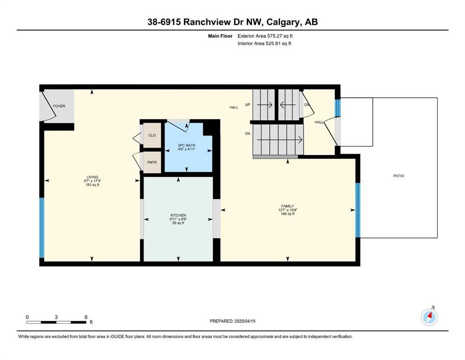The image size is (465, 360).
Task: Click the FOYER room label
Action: tap(59, 106)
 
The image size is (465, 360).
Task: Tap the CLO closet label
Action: tap(152, 135)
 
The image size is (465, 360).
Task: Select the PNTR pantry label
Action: tap(152, 162)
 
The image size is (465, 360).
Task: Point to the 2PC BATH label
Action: tap(186, 145)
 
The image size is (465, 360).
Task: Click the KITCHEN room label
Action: tap(178, 215)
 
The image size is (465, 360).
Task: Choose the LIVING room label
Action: tap(93, 177)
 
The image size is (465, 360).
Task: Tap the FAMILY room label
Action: tap(288, 206)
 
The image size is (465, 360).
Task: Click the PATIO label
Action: tap(399, 176)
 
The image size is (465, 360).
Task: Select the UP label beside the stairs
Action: tap(248, 105)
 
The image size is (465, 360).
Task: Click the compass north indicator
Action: tap(429, 317)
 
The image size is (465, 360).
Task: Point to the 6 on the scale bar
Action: tap(86, 317)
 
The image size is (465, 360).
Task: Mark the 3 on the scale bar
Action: tap(56, 317)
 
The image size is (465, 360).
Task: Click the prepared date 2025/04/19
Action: tap(245, 321)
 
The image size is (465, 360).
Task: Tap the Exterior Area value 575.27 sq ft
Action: tap(280, 36)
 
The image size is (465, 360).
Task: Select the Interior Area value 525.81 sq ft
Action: tap(279, 43)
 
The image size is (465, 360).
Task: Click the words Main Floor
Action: tap(221, 36)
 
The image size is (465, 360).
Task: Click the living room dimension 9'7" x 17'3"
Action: tap(93, 181)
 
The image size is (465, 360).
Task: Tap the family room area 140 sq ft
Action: tap(288, 214)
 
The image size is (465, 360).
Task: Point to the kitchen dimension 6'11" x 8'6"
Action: tap(178, 219)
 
